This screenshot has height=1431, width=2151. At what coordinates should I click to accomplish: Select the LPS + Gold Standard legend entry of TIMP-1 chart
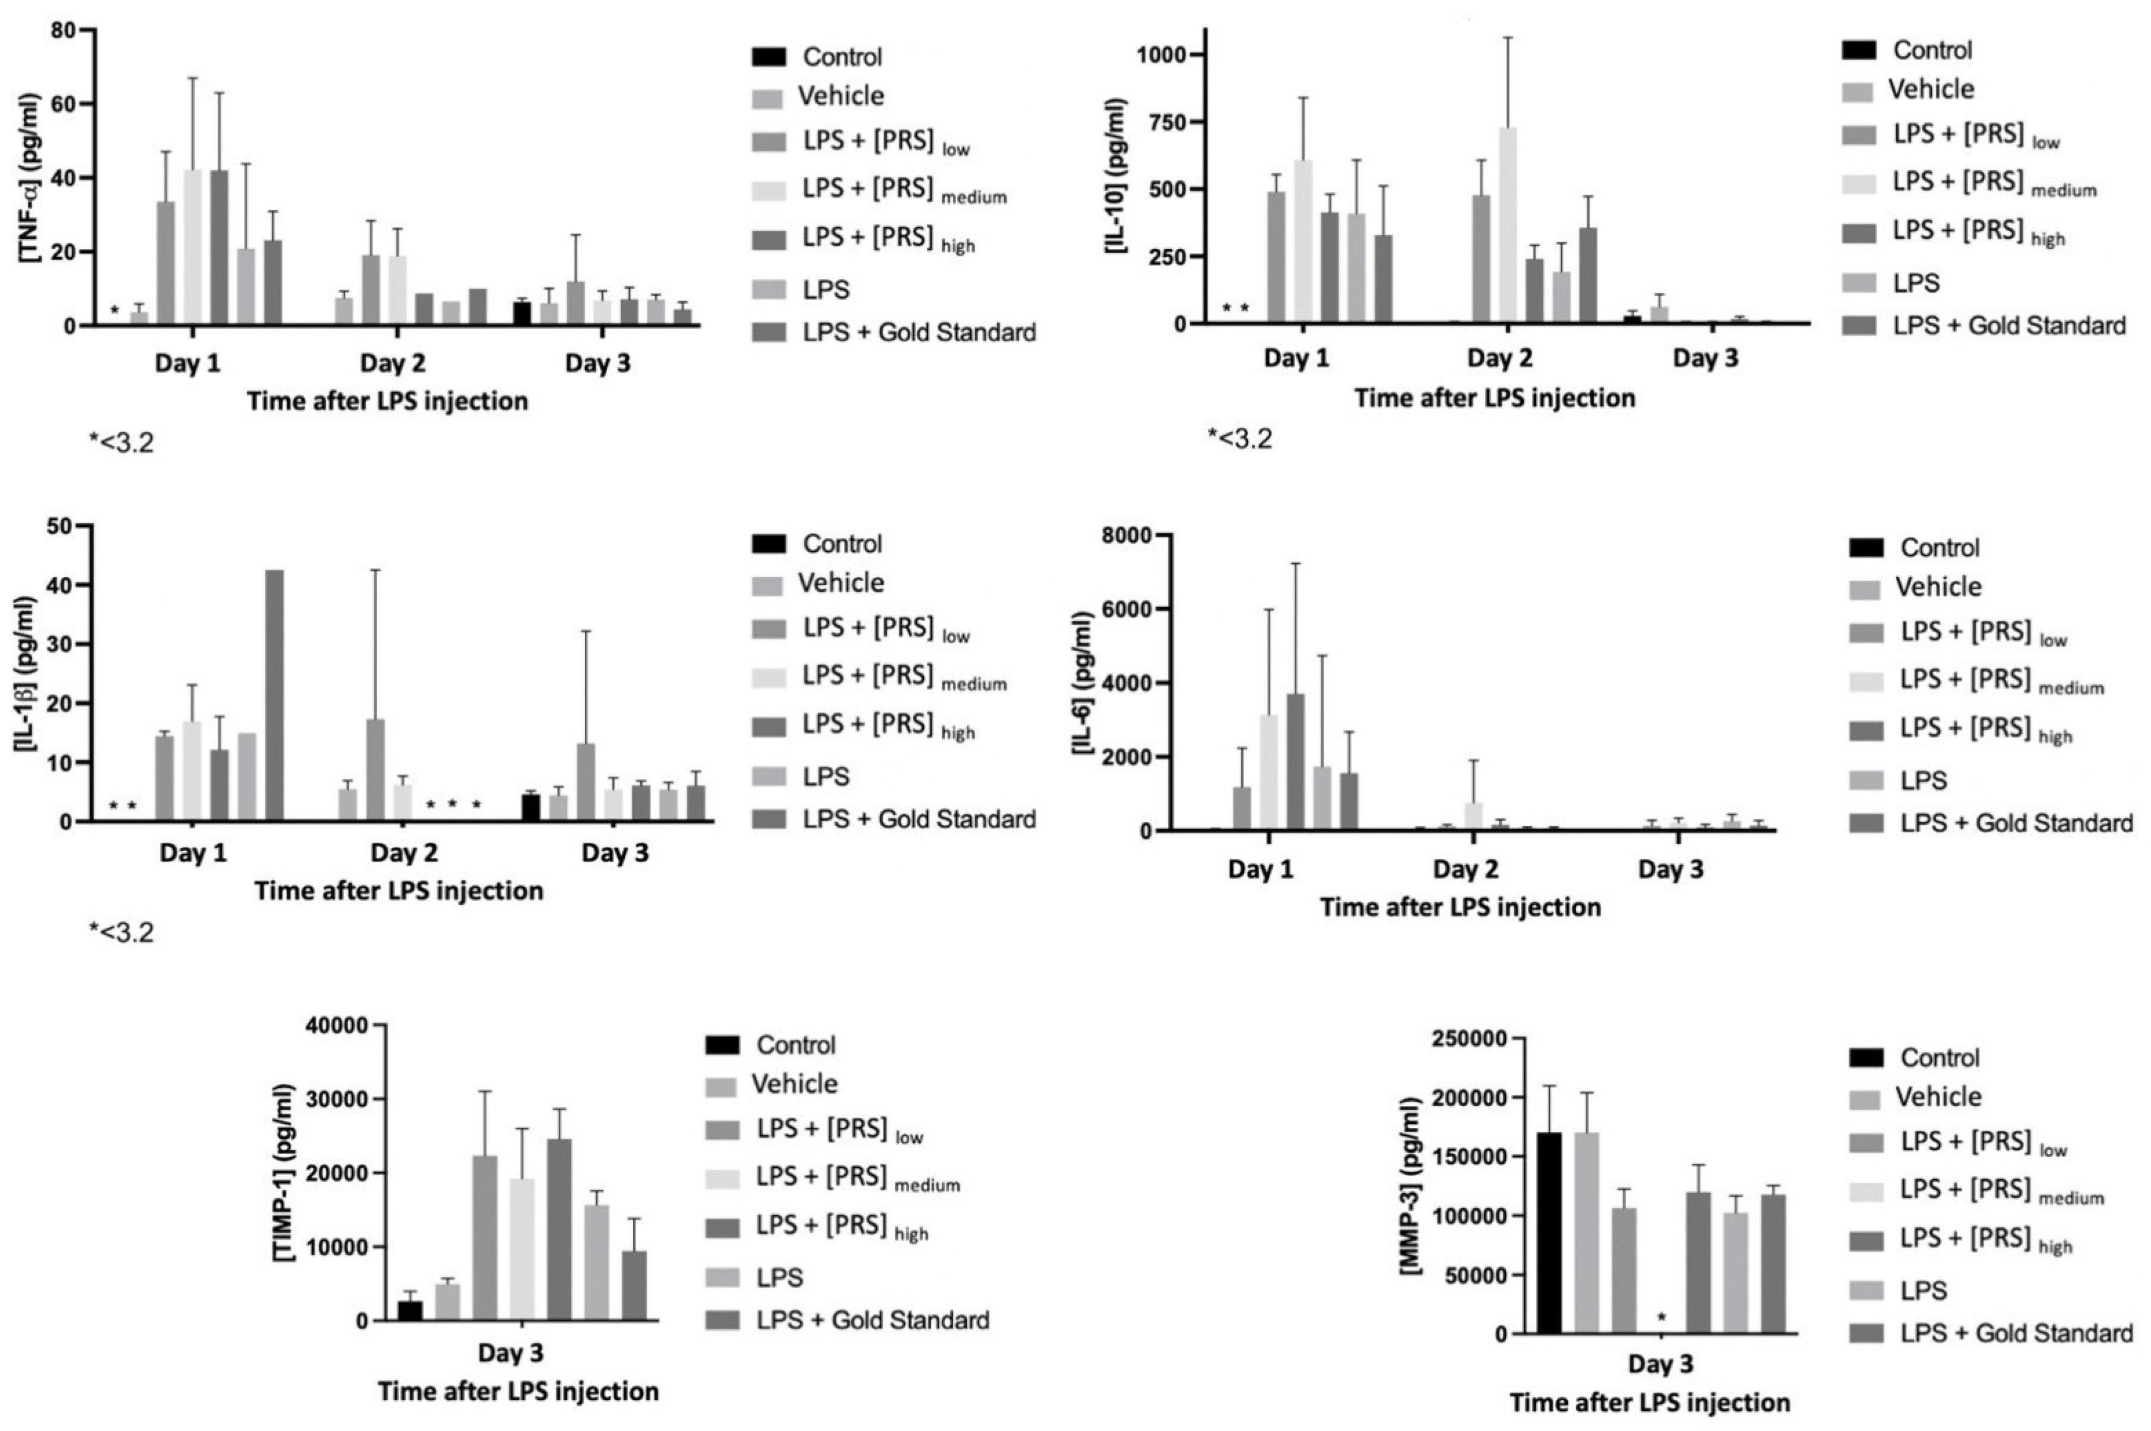coord(872,1320)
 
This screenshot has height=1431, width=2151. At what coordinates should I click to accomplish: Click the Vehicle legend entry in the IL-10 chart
coord(1930,89)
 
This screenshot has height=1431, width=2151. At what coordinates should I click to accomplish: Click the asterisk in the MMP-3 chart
coord(1661,1317)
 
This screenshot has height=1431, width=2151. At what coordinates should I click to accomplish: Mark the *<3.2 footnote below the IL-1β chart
coord(122,933)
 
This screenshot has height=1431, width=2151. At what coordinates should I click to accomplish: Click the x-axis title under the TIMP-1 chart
coord(518,1392)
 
